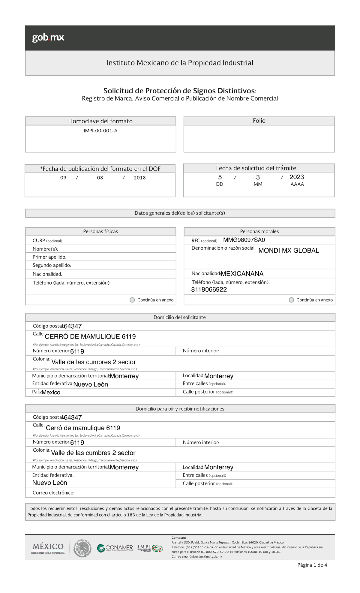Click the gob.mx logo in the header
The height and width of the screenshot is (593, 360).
click(x=48, y=38)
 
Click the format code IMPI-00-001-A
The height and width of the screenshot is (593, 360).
click(x=100, y=131)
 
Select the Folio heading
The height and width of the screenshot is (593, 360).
click(x=259, y=121)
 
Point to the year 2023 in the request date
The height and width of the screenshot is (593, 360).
click(x=297, y=177)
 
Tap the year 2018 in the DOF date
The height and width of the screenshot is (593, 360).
click(x=139, y=178)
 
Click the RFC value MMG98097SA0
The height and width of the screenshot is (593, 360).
click(x=244, y=240)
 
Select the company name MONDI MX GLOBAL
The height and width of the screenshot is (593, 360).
click(x=289, y=251)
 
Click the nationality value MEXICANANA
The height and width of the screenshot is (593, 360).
click(x=242, y=274)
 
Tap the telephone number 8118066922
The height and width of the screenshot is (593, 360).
click(x=209, y=290)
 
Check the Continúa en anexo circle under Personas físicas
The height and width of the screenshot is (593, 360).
click(x=132, y=300)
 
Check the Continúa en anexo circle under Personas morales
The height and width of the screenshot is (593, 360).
click(x=291, y=300)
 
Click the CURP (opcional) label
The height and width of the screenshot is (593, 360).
click(x=48, y=241)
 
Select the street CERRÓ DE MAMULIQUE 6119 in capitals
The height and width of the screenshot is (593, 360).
click(x=90, y=337)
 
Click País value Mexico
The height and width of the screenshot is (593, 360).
click(x=51, y=393)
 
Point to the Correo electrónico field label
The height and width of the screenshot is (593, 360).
click(x=53, y=493)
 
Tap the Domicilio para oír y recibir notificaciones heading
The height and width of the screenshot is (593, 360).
click(x=180, y=409)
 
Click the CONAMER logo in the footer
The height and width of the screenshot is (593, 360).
click(x=115, y=548)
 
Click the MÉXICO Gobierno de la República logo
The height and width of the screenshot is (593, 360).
click(x=48, y=548)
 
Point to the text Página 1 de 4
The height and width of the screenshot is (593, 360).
click(x=312, y=565)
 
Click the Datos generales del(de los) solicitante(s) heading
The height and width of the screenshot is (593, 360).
click(x=180, y=213)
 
